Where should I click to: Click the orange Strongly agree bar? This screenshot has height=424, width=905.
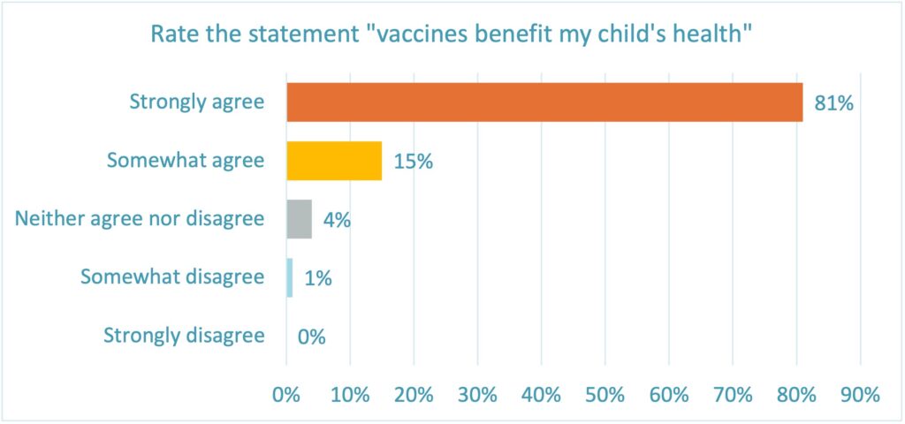coord(544,102)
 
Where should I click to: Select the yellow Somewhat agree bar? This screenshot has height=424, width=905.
coord(334,161)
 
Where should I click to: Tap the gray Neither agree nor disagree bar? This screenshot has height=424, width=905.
coord(299,219)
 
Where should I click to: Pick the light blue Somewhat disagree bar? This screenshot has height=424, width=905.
coord(289,277)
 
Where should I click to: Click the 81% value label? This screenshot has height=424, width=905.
coord(833,104)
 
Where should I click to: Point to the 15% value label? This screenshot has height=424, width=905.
coord(413,163)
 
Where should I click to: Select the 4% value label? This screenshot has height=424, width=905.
coord(337,220)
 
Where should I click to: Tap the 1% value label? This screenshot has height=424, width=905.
coord(317,278)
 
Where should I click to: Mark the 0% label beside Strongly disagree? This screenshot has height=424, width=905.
coord(312,337)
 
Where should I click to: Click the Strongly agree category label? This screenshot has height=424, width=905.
coord(196,102)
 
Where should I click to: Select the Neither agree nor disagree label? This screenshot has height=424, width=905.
coord(140,218)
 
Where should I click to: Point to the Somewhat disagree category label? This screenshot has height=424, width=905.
coord(172,276)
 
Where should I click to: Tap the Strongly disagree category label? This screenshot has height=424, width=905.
coord(184,335)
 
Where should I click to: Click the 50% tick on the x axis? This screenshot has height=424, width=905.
coord(605,395)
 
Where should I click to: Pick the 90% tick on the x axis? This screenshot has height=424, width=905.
coord(861,395)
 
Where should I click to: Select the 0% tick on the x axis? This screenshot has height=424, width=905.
coord(286,395)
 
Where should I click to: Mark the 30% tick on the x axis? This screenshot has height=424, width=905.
coord(477,395)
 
